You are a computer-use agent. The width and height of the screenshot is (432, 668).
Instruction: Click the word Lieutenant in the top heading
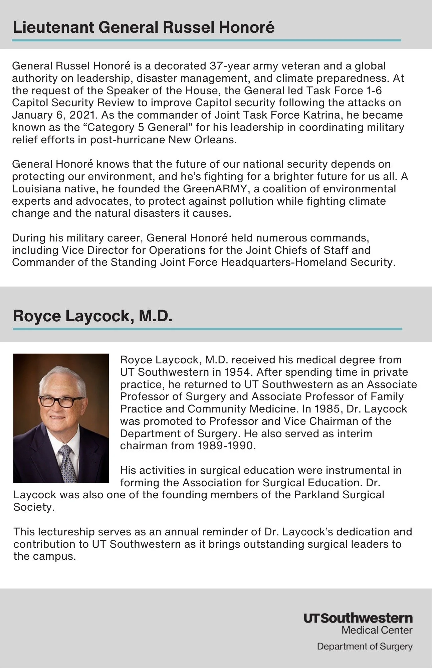[x=53, y=27]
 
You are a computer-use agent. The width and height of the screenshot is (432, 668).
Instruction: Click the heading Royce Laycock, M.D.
[x=92, y=316]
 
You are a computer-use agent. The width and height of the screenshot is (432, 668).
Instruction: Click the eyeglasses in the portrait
[x=61, y=401]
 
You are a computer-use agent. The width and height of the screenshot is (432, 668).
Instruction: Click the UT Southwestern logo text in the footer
[x=358, y=618]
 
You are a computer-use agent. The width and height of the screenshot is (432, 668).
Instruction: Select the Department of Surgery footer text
[x=365, y=646]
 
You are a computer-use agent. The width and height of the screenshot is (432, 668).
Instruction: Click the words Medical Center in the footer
[x=377, y=630]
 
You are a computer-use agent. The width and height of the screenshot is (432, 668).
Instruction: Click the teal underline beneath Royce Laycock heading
[x=207, y=329]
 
